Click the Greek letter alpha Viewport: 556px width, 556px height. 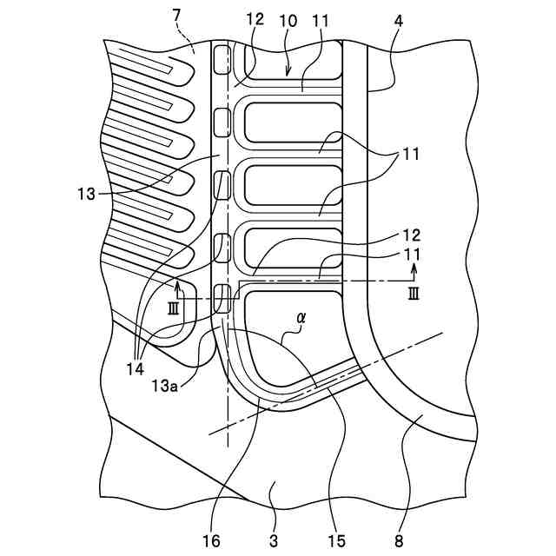tap(301, 319)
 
